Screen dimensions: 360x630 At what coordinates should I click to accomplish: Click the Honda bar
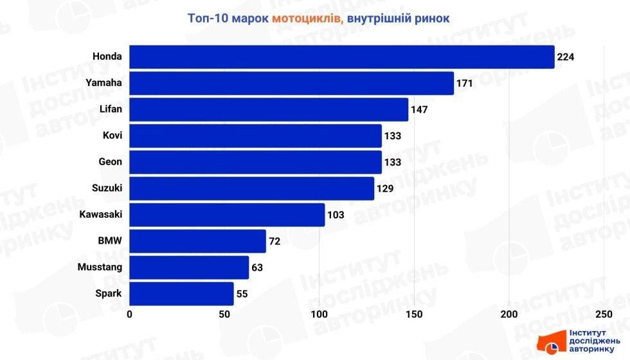point(341,57)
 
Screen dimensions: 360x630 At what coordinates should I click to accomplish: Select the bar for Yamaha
point(291,83)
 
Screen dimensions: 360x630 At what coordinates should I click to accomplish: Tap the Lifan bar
point(269,109)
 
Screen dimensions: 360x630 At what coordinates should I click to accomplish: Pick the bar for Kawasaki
point(227,215)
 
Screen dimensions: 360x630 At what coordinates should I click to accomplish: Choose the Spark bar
point(181,294)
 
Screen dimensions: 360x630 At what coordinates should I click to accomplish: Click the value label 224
point(566,57)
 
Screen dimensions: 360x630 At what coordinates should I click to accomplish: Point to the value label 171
point(465,84)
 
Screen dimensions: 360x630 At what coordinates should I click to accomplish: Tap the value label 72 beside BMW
point(274,242)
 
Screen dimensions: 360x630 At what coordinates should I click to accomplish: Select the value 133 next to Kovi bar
point(393,136)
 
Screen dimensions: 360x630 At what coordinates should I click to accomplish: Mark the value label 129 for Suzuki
point(386,189)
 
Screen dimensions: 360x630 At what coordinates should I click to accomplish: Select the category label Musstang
point(100,267)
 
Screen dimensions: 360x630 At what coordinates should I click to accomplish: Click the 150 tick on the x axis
point(414,314)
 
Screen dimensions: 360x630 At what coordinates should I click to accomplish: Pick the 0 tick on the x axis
point(130,314)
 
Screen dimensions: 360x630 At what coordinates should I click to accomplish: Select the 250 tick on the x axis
point(604,314)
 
